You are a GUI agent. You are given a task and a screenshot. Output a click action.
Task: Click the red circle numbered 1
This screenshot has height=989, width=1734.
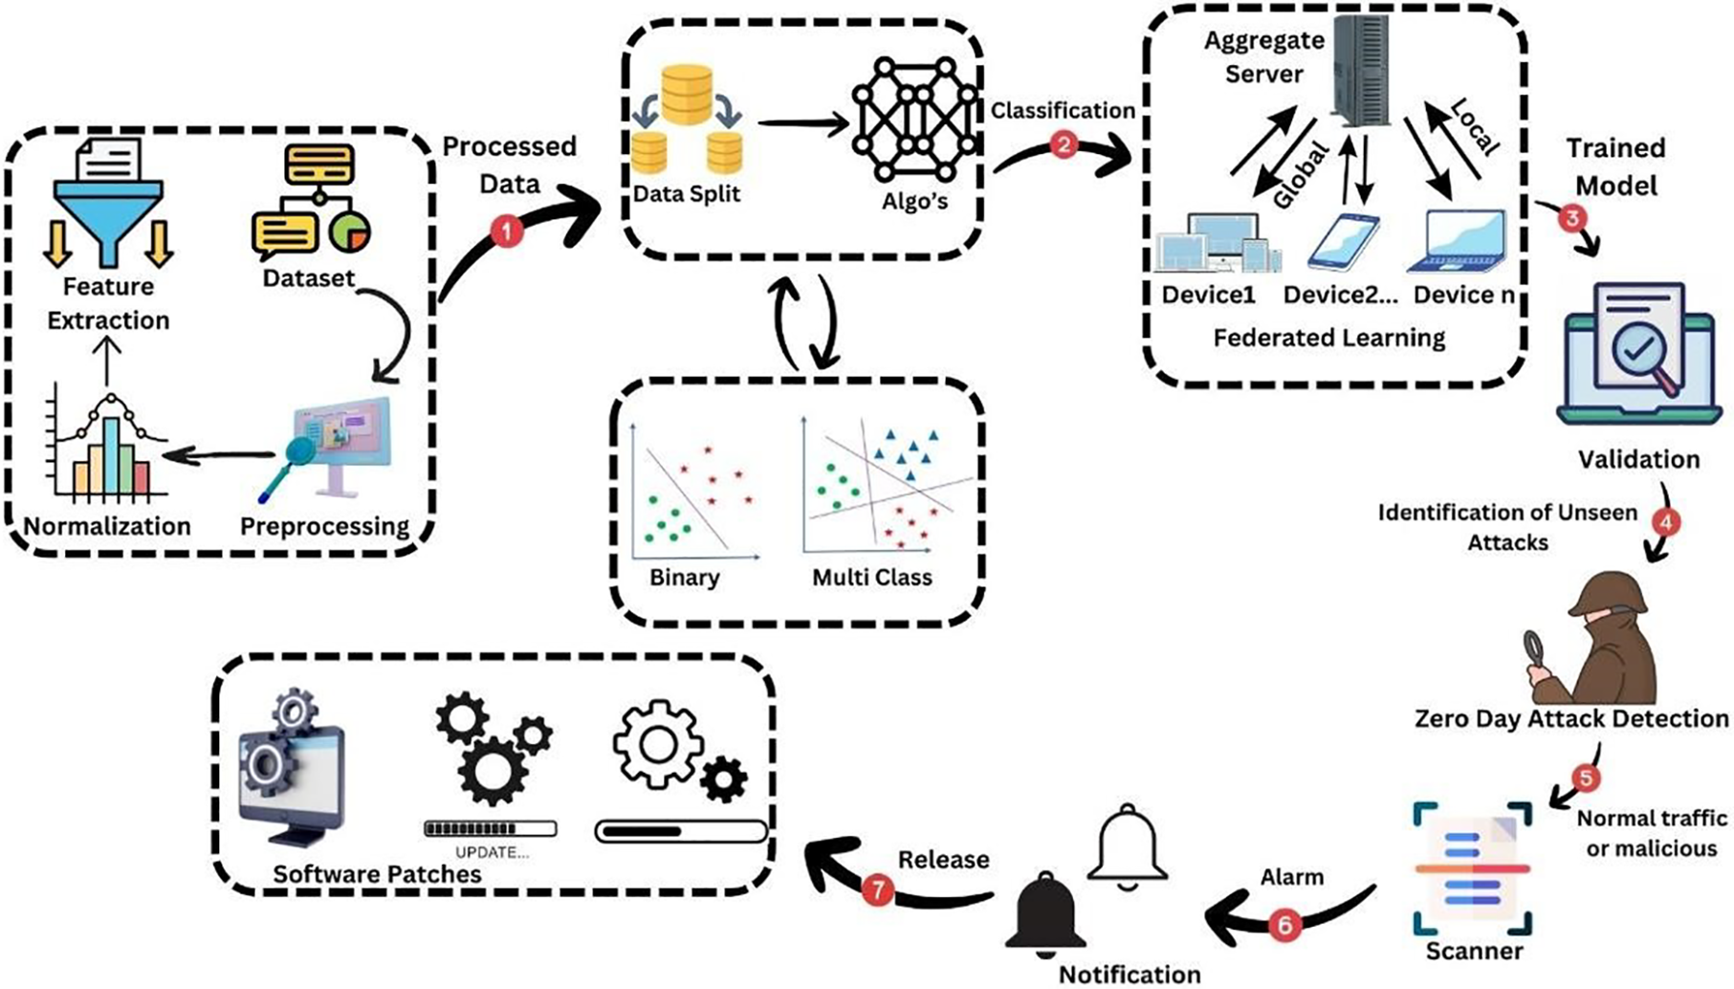(506, 231)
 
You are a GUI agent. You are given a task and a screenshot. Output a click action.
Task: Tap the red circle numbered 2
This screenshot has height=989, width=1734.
(1064, 145)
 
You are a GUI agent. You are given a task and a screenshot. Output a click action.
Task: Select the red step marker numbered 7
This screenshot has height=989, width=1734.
(877, 890)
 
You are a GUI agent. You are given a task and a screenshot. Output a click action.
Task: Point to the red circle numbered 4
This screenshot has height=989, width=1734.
(1666, 522)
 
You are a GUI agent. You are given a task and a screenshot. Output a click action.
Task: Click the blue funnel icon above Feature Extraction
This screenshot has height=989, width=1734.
(108, 210)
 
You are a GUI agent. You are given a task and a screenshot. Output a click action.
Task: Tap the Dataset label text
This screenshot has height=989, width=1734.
(308, 278)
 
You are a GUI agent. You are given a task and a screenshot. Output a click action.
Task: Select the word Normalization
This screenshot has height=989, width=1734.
(107, 526)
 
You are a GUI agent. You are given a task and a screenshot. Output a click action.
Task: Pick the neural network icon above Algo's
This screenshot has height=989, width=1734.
(914, 120)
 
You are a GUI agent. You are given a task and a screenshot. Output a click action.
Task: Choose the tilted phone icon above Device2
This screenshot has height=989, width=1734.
(1344, 243)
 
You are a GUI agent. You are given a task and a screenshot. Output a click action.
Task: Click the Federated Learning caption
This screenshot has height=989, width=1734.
(1328, 338)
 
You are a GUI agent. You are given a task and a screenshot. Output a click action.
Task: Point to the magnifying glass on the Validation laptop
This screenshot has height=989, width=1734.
(1642, 356)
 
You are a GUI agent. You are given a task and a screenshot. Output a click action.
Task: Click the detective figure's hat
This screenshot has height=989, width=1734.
(1611, 593)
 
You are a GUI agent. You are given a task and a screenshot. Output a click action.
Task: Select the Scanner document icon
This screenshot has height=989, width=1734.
(1473, 868)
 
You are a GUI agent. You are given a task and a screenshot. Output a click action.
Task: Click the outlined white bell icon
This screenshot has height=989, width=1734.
(1128, 846)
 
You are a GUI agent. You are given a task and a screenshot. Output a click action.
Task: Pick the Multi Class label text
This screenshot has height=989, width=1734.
(871, 578)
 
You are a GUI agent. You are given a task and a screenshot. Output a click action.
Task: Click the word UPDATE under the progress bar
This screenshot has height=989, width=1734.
(491, 852)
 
